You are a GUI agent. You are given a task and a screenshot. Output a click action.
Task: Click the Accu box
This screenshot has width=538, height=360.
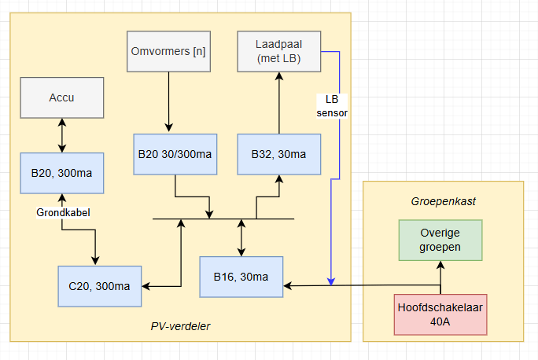[x=62, y=97]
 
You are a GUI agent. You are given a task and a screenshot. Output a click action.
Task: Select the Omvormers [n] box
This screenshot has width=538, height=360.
[x=167, y=51]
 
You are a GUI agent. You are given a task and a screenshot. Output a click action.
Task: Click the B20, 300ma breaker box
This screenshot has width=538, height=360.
[x=62, y=173]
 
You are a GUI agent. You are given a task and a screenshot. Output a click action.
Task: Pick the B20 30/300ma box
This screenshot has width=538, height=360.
[x=174, y=153]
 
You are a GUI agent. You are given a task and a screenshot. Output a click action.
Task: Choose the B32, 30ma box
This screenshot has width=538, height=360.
[x=278, y=153]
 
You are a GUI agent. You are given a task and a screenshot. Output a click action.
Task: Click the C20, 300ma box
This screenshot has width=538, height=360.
[x=100, y=286]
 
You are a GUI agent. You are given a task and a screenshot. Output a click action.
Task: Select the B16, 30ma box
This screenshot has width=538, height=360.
[x=241, y=277]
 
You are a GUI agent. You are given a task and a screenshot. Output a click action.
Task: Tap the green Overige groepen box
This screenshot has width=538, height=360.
[x=440, y=241]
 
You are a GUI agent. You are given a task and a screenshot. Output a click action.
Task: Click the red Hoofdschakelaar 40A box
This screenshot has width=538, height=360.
[x=440, y=314]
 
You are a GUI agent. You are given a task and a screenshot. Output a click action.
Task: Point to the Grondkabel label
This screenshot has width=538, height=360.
[x=62, y=212]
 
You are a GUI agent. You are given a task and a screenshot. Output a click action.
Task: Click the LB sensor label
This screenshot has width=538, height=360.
[x=331, y=106]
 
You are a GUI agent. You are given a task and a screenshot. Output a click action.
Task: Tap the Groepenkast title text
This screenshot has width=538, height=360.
[x=443, y=201]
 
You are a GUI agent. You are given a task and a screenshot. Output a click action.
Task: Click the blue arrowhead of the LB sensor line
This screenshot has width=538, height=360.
[x=331, y=281]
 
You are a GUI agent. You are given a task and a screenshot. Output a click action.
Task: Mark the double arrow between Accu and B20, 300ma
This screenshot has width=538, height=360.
[x=62, y=134]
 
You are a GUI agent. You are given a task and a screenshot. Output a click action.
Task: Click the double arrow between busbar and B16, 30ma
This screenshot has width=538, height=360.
[x=241, y=237]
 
